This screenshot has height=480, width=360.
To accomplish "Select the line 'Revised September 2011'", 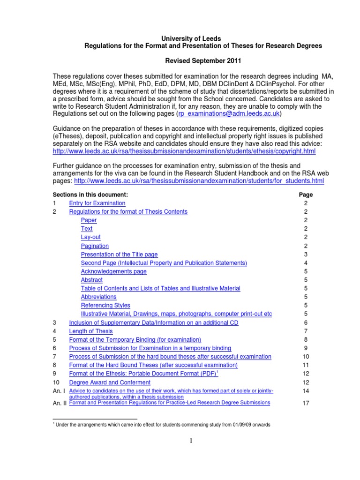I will (x=202, y=61).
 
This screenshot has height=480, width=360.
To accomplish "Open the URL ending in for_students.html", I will (x=199, y=181).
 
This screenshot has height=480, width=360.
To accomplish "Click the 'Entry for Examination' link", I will (x=97, y=203).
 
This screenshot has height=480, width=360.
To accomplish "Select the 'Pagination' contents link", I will (x=95, y=246).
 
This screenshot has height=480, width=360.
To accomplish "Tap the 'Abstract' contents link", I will (x=91, y=280).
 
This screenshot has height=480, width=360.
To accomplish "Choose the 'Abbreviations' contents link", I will (x=98, y=297).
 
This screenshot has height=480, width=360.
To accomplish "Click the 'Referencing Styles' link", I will (x=105, y=305).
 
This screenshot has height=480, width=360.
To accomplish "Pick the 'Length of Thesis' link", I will (x=91, y=331).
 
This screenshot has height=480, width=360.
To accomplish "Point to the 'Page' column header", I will (x=306, y=195).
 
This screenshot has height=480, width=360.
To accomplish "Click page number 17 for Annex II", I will (x=306, y=403).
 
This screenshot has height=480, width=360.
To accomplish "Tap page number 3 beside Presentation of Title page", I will (x=306, y=254).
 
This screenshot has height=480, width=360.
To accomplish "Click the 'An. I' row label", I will (x=59, y=391).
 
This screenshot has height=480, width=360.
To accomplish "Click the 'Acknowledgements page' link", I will (x=113, y=271).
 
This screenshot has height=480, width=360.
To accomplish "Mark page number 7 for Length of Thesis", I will (x=306, y=331).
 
